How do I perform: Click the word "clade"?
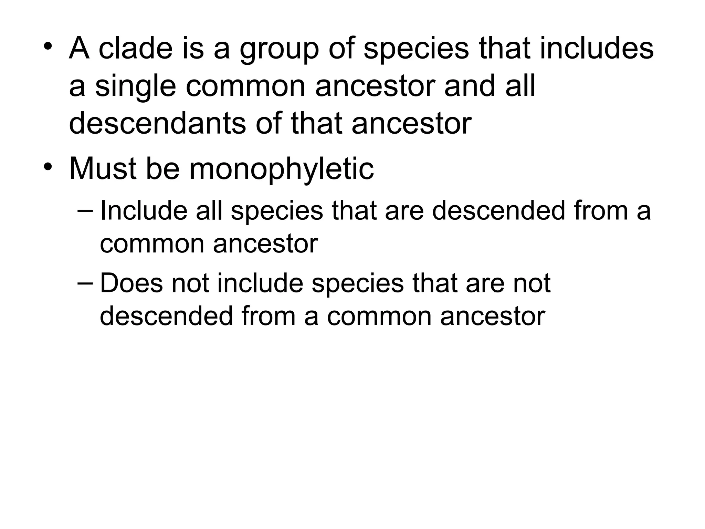[135, 49]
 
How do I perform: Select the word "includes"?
[597, 49]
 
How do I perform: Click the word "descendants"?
[158, 123]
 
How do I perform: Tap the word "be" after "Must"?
[163, 169]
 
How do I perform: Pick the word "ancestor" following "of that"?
[411, 124]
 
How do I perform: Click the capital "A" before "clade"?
[80, 49]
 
